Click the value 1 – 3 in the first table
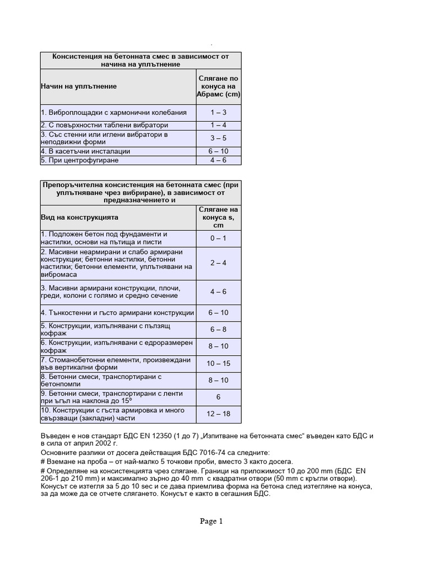point(218,112)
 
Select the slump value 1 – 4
point(218,125)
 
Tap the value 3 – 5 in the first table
point(218,138)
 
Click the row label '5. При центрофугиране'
point(79,160)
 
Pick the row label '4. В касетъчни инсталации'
point(85,151)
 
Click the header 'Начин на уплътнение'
point(79,86)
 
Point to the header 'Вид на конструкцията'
point(79,218)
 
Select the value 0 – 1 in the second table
point(218,238)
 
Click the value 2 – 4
point(218,263)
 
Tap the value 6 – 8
point(218,329)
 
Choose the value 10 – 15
point(218,364)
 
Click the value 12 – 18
point(218,414)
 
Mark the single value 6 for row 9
point(218,397)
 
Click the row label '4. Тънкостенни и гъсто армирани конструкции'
point(117,313)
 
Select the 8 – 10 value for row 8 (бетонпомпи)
point(218,380)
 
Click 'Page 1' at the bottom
point(211,522)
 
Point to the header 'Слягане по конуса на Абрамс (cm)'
point(218,86)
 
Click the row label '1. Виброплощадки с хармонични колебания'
point(113,112)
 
